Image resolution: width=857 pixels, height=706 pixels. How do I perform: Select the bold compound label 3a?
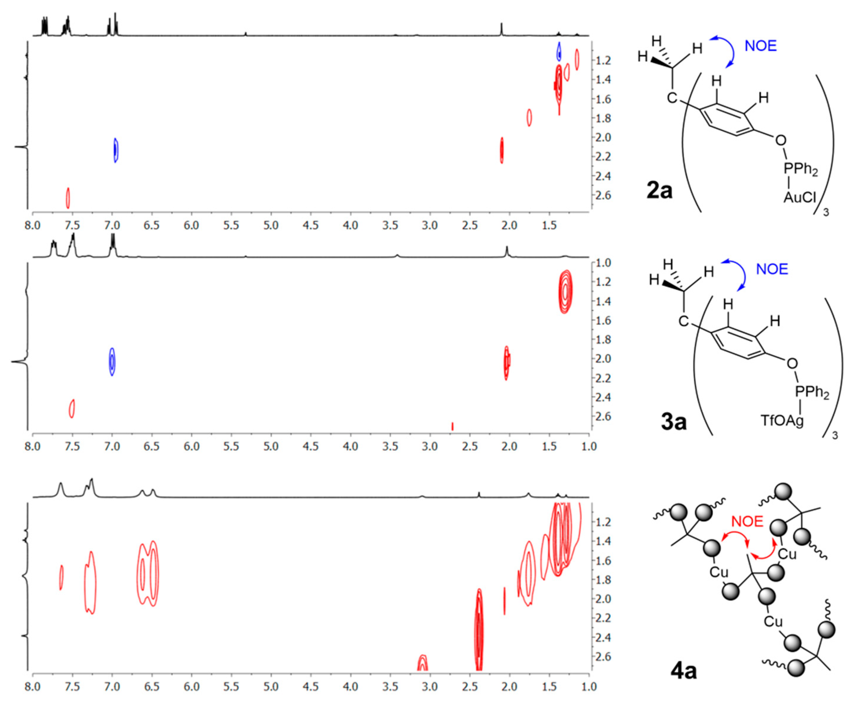[673, 422]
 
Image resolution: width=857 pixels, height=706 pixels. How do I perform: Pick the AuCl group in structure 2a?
[799, 197]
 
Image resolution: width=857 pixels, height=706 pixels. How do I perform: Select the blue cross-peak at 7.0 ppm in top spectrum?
[116, 150]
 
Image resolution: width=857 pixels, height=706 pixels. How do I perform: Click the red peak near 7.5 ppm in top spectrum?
[68, 198]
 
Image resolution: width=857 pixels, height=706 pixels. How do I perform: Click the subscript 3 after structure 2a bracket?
[826, 212]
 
